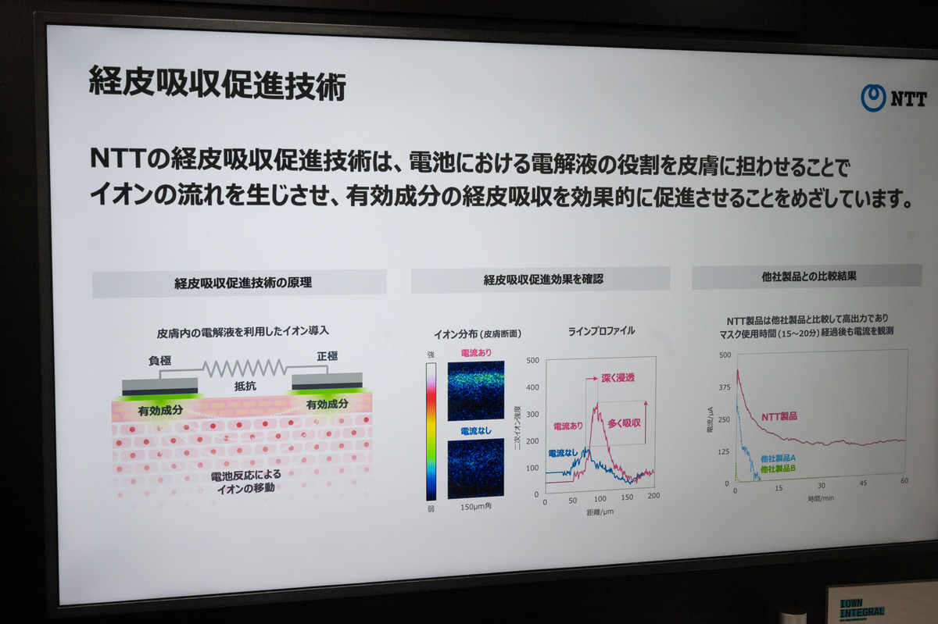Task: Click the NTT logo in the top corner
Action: pyautogui.click(x=893, y=98)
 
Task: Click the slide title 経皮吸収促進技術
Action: pyautogui.click(x=217, y=84)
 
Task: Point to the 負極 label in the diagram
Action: pyautogui.click(x=159, y=362)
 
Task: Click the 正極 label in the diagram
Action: pyautogui.click(x=328, y=357)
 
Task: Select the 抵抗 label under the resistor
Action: pyautogui.click(x=245, y=386)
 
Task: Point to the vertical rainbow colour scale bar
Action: pyautogui.click(x=431, y=432)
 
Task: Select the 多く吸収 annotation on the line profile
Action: pyautogui.click(x=624, y=423)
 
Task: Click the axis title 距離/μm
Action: pyautogui.click(x=601, y=513)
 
